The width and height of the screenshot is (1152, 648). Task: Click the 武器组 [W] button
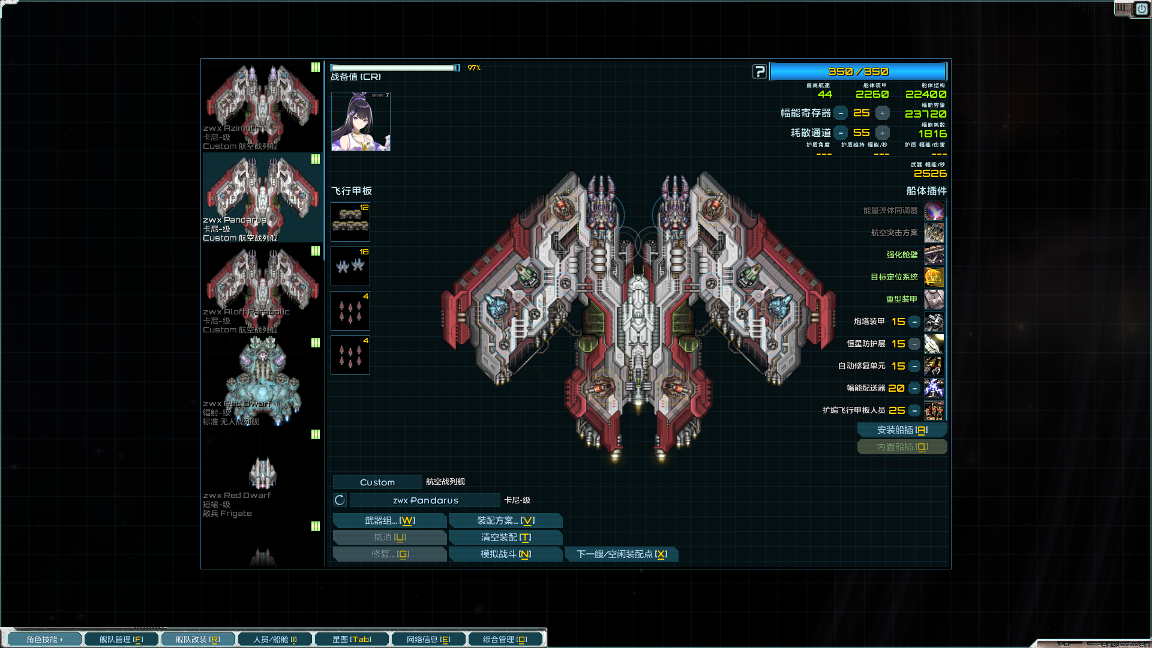point(389,521)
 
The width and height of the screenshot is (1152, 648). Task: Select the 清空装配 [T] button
point(505,538)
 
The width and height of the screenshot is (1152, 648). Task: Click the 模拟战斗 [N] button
point(505,554)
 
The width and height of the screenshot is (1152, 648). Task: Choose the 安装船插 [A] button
point(902,430)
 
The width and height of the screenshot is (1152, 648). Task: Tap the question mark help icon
point(760,72)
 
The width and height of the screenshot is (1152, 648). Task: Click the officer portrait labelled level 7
point(361,122)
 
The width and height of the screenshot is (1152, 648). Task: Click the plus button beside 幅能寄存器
point(882,113)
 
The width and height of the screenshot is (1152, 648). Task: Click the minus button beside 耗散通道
point(841,133)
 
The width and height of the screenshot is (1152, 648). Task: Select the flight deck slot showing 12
point(350,222)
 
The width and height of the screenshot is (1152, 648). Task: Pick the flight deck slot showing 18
point(350,266)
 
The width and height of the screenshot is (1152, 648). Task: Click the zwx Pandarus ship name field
point(425,500)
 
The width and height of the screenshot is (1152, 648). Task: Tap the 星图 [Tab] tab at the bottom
point(352,640)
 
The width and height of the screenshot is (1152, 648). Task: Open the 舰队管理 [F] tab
point(121,640)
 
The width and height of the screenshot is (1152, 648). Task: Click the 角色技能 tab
point(44,640)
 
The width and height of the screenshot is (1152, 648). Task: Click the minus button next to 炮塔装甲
point(914,322)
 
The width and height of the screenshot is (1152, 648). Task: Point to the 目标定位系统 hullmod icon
point(934,277)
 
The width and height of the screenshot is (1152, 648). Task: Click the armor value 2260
point(872,94)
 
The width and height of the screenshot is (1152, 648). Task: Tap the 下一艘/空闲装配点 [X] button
point(622,554)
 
